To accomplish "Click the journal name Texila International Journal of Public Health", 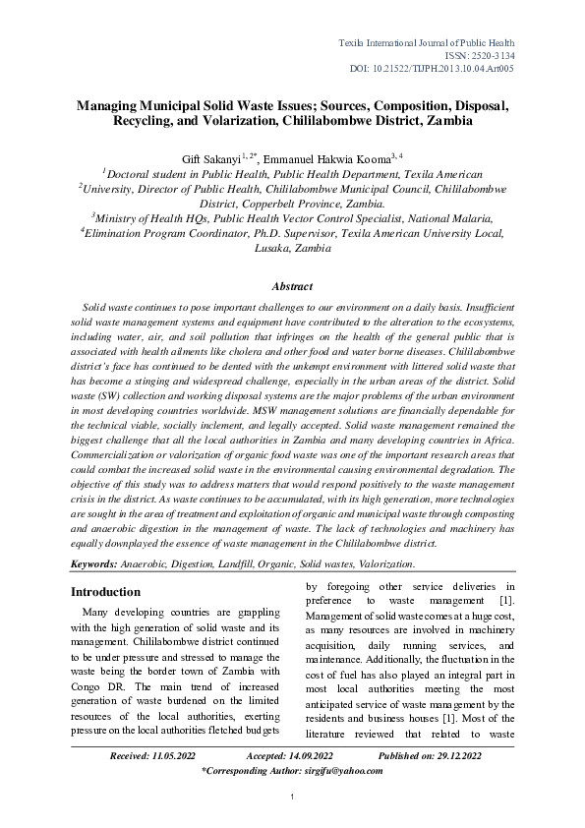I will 427,43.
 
